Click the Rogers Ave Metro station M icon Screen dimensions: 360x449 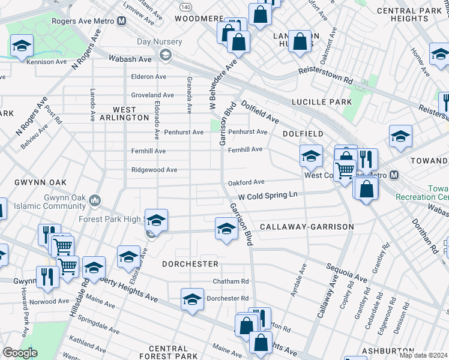click(x=122, y=20)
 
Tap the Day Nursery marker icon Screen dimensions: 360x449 click(x=165, y=56)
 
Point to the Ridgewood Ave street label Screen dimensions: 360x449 click(x=154, y=170)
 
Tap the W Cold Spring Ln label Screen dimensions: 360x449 click(x=268, y=196)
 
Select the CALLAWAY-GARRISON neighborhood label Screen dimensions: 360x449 click(x=307, y=227)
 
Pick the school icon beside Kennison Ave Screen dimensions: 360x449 click(x=22, y=46)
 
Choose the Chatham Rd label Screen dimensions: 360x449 click(x=231, y=281)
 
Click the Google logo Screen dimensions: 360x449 click(x=20, y=353)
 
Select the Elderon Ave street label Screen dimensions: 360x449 click(x=149, y=77)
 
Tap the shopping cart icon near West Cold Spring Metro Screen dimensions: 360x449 click(x=345, y=170)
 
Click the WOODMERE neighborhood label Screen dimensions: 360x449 click(x=199, y=19)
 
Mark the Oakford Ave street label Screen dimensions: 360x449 click(x=246, y=182)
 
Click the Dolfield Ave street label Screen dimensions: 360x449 click(x=260, y=112)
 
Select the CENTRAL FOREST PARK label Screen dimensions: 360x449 click(x=168, y=353)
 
